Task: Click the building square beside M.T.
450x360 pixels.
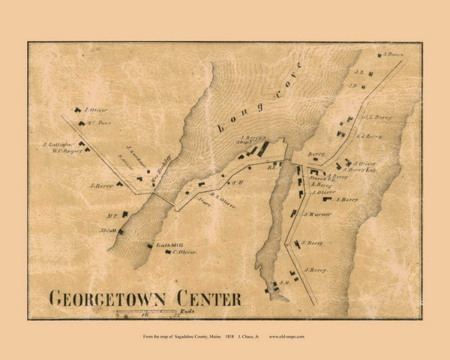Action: (x=124, y=214)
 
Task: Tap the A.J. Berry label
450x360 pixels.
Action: (x=369, y=136)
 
